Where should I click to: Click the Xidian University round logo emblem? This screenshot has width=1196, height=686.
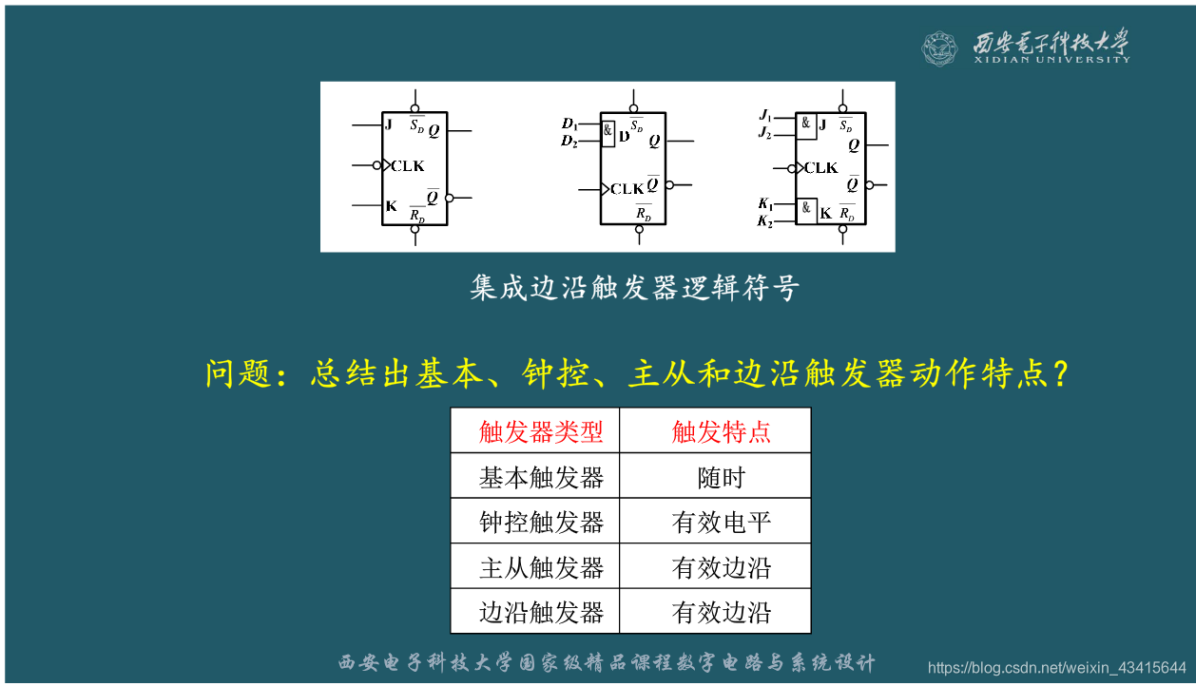coord(938,48)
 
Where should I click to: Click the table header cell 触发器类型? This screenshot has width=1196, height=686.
coord(541,432)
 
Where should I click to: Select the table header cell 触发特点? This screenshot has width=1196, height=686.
coord(721,432)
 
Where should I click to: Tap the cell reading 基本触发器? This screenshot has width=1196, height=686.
coord(541,477)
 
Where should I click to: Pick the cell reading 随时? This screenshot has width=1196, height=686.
coord(721,477)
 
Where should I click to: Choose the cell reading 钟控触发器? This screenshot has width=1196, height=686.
coord(541,522)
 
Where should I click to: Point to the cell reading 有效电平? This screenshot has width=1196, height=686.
coord(721,522)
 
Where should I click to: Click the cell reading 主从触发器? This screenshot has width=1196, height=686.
coord(541,567)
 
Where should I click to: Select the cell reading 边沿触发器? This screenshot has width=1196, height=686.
coord(541,612)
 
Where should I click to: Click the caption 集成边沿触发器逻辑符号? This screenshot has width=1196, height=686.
coord(634,288)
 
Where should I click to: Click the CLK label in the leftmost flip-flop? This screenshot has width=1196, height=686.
coord(407,166)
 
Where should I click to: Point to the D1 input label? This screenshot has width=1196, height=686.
coord(569,124)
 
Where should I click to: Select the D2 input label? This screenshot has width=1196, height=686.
coord(569,142)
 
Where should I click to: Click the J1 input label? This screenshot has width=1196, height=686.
coord(764,115)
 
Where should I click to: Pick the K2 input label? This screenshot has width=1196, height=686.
coord(764,221)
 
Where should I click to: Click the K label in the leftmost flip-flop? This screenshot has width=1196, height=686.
coord(391,206)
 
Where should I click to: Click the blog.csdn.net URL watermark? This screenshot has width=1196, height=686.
coord(1056,667)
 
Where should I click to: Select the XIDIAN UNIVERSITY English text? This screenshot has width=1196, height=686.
coord(1051,59)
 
